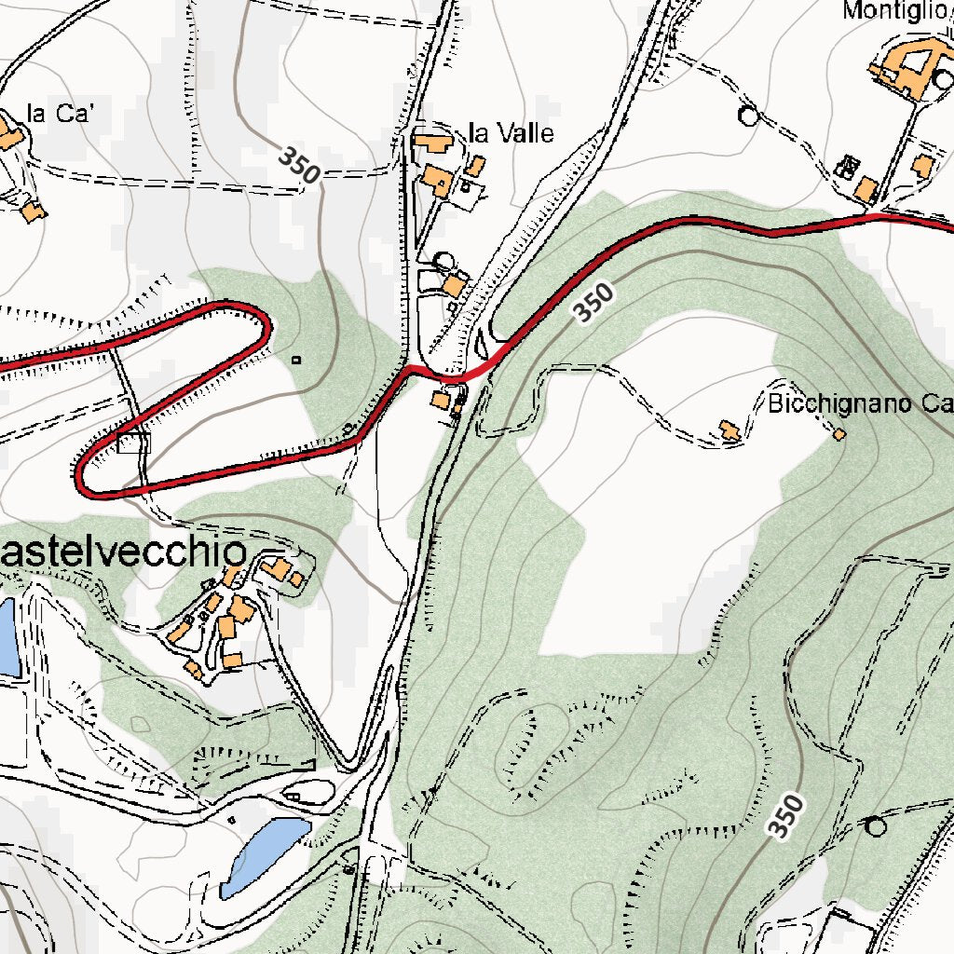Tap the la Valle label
tap(511, 133)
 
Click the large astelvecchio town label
tap(123, 552)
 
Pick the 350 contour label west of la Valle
tap(299, 165)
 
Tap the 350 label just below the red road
tap(593, 304)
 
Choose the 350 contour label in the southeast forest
tap(786, 816)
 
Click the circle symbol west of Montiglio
tap(748, 116)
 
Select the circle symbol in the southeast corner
tap(875, 825)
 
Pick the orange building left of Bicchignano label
tap(729, 430)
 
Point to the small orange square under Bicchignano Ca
tap(839, 434)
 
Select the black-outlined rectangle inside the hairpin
tap(134, 443)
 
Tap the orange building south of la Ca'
tap(34, 211)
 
